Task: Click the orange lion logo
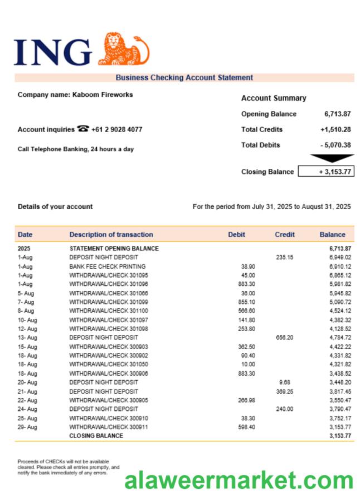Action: point(124,49)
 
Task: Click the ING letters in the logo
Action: point(53,52)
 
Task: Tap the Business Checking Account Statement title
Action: point(184,78)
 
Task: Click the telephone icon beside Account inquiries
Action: point(83,129)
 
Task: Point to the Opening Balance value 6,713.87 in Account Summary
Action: point(337,114)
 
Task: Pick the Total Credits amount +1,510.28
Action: point(335,129)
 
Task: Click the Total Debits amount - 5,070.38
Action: point(335,145)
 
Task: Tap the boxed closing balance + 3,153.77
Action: point(326,172)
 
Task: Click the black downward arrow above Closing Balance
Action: point(332,158)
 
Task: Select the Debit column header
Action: point(236,235)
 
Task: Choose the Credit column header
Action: point(285,235)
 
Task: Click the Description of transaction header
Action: point(111,235)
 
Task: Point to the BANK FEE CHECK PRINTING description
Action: point(107,266)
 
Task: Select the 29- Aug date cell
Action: point(27,427)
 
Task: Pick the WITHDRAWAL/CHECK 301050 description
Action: point(109,365)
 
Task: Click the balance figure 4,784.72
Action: point(340,338)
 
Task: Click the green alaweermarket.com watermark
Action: point(239,480)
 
